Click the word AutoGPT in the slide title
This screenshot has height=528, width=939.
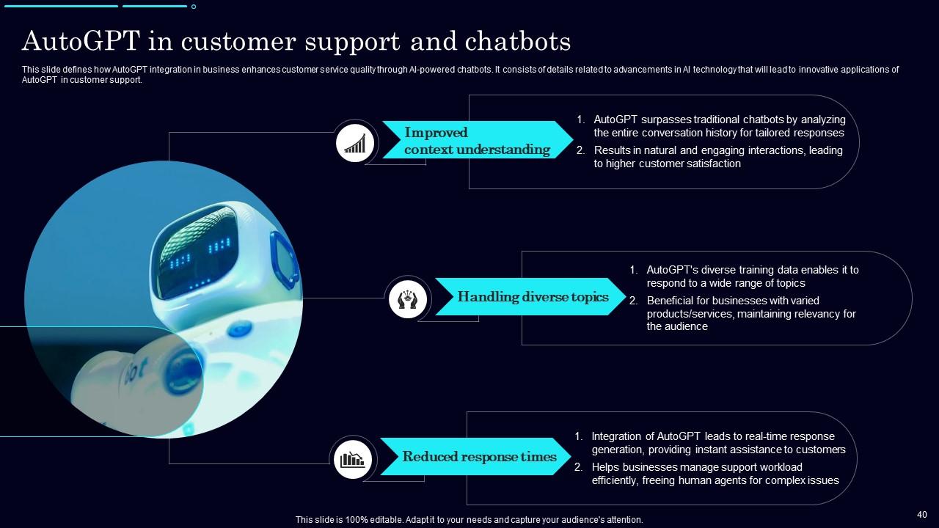(x=81, y=42)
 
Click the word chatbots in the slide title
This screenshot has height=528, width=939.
(x=518, y=42)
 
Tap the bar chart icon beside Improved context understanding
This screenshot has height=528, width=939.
(x=355, y=142)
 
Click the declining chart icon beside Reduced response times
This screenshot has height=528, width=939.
(x=351, y=459)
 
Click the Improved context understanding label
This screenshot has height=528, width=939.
(x=477, y=141)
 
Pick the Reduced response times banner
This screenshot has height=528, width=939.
(x=478, y=457)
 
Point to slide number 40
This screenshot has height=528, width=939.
(x=922, y=515)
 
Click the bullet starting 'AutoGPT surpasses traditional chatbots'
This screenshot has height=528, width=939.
(x=719, y=126)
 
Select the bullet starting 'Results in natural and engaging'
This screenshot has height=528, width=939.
(x=717, y=157)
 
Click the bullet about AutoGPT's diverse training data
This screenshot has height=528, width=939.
(x=752, y=276)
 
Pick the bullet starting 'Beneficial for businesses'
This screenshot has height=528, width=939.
(x=750, y=313)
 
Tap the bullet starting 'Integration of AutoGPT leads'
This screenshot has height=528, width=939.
(x=718, y=443)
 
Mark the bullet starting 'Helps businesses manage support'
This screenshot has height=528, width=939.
(x=715, y=474)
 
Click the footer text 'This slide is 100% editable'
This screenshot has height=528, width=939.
(x=469, y=519)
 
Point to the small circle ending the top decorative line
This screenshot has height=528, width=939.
(x=194, y=7)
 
